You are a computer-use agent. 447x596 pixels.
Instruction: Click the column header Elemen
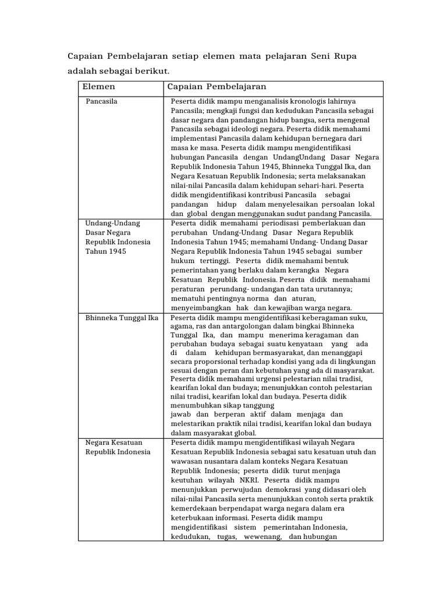(x=99, y=87)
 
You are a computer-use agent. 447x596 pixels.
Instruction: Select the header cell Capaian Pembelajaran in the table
(x=217, y=87)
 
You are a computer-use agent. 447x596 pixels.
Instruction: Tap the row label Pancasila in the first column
(x=101, y=101)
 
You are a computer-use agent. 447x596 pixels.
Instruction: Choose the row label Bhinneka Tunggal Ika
(x=122, y=318)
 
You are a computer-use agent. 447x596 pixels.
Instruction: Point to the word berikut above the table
(x=151, y=70)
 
